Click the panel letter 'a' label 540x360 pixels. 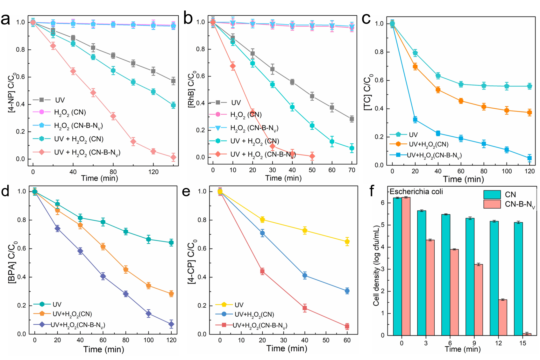[x=5, y=20]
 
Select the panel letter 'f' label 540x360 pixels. [x=371, y=191]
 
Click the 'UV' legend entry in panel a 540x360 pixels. [x=60, y=100]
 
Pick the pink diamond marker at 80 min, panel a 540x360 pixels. [x=113, y=116]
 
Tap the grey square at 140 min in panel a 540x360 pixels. [x=173, y=81]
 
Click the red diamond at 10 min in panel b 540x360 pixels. [x=233, y=66]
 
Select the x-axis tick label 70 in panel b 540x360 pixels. [x=352, y=170]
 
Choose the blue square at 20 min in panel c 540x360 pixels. [x=415, y=120]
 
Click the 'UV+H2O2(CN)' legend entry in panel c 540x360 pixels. [x=428, y=144]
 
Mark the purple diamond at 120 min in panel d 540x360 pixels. [x=171, y=324]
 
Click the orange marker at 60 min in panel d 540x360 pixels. [x=103, y=247]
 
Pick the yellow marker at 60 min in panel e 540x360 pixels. [x=347, y=241]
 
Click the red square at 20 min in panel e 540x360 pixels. [x=262, y=271]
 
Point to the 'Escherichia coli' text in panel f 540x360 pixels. [x=416, y=192]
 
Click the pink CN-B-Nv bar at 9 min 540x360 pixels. [x=479, y=299]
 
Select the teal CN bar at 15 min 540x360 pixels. [x=518, y=279]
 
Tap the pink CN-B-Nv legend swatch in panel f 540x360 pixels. [x=492, y=204]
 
